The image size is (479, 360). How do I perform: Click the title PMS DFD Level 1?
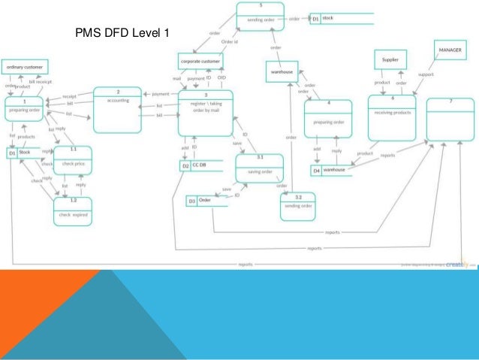(x=123, y=34)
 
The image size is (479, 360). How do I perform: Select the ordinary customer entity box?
(x=26, y=68)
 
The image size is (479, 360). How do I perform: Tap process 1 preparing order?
(x=25, y=110)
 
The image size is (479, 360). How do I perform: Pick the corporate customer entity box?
(x=200, y=59)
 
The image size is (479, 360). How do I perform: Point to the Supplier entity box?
(x=390, y=59)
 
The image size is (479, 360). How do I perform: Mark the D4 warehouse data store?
(x=330, y=170)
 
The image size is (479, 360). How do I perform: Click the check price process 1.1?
(x=74, y=162)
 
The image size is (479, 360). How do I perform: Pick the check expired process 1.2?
(x=74, y=210)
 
